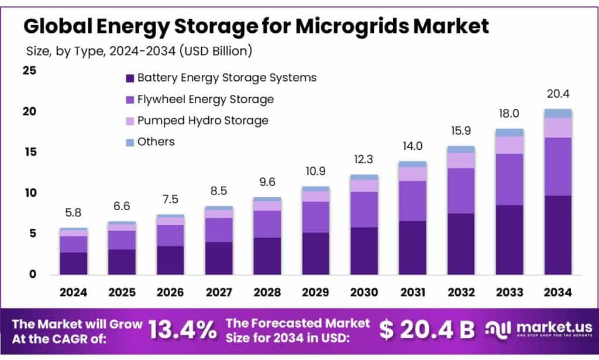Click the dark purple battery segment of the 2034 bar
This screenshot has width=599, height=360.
[557, 235]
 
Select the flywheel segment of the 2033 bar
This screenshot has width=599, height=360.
[509, 179]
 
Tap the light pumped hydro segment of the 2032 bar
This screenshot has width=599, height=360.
[460, 160]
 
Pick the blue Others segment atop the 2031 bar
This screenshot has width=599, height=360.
[412, 164]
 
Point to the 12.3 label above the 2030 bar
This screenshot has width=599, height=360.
[364, 159]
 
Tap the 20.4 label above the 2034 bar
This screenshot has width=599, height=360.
[557, 94]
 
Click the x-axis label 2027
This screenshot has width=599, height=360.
[219, 292]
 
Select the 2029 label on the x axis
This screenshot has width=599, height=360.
[315, 292]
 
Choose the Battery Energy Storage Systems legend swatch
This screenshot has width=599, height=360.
[130, 78]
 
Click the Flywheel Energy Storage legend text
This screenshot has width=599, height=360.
[205, 99]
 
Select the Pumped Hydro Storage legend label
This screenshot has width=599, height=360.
[202, 121]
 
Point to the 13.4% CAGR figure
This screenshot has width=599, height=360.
[182, 330]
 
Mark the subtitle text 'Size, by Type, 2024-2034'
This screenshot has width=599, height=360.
[99, 51]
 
